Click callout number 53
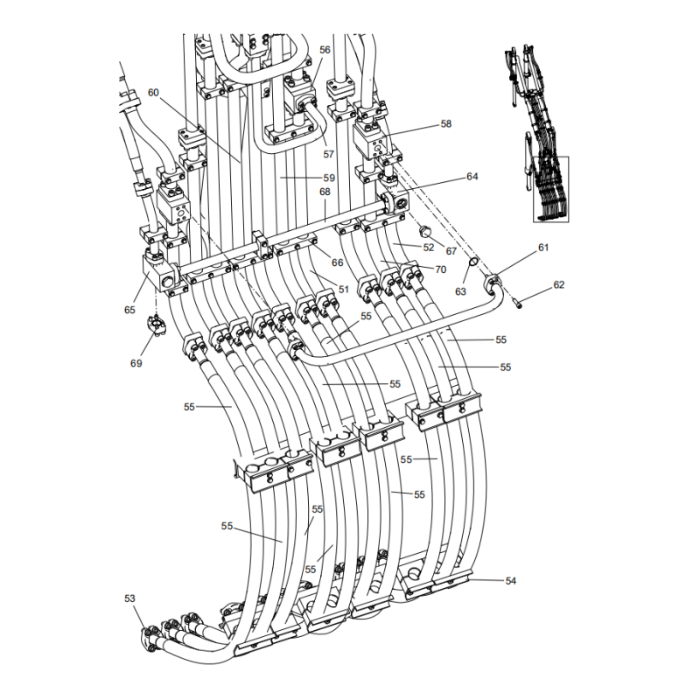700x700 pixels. (129, 598)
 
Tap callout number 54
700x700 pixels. (511, 580)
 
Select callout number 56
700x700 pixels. (325, 51)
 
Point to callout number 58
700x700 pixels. (446, 124)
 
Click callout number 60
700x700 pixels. (153, 92)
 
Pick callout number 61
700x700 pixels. (542, 248)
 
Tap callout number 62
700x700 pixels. (559, 284)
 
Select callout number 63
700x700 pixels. (460, 291)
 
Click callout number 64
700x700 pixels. (472, 177)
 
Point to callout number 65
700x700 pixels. (129, 309)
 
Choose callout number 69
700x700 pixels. (136, 362)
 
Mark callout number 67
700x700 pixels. (451, 251)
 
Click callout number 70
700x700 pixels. (439, 269)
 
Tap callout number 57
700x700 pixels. (328, 154)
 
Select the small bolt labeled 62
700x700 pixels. (521, 303)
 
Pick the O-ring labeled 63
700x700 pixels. (472, 262)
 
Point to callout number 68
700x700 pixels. (325, 192)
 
